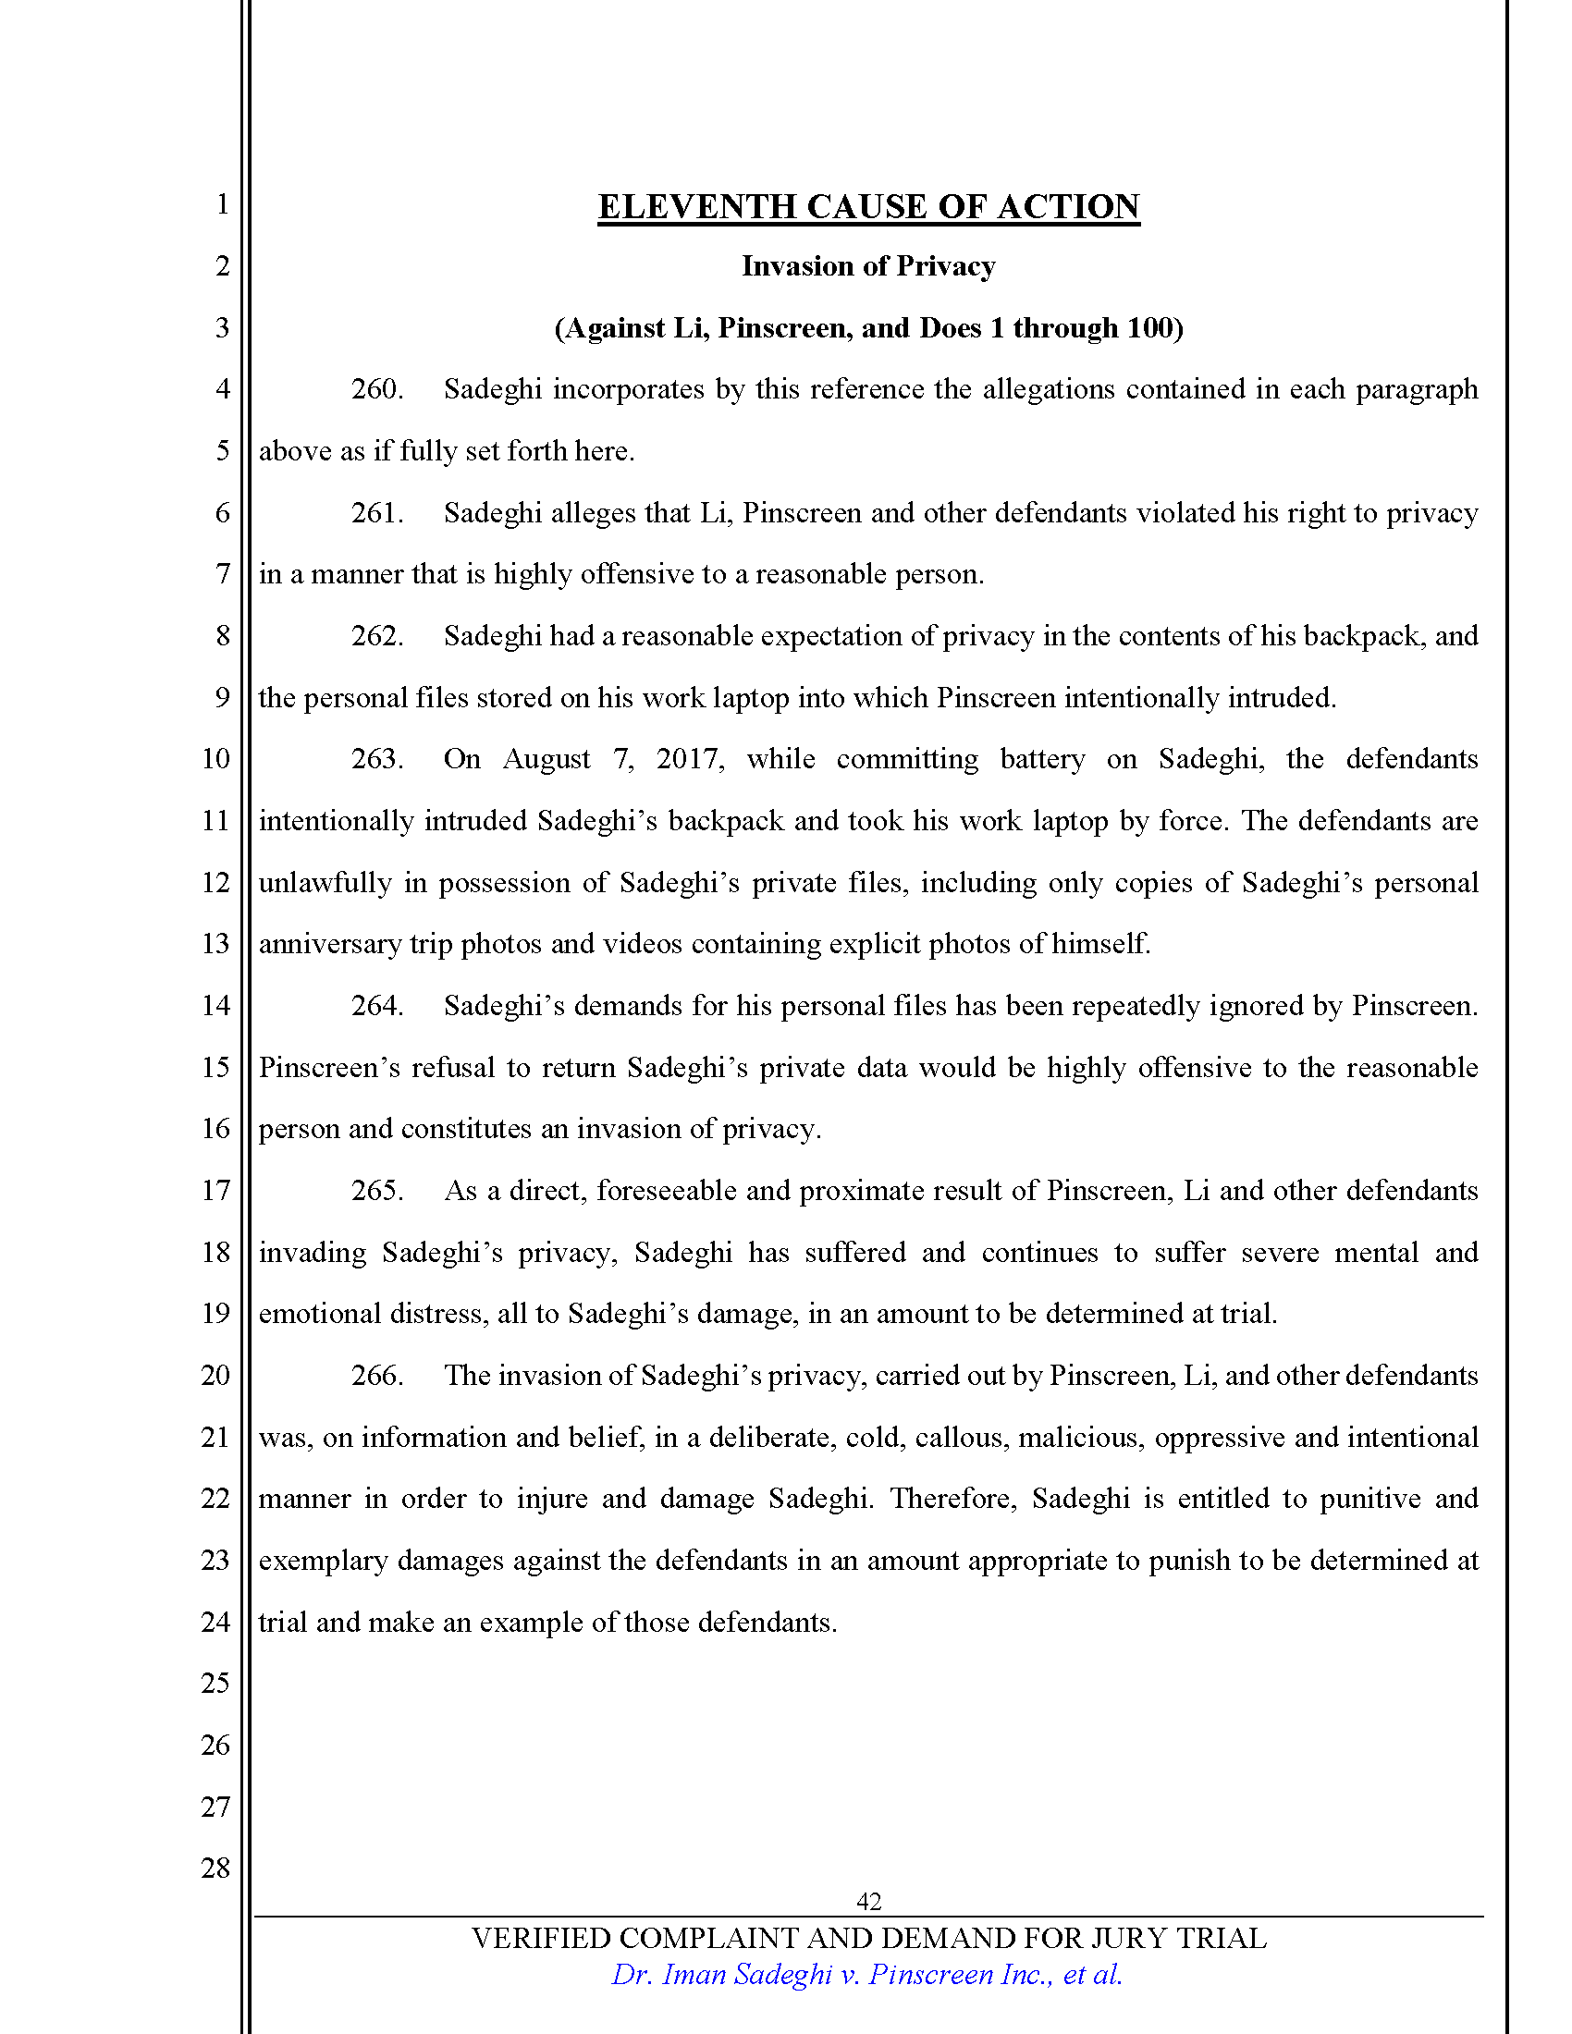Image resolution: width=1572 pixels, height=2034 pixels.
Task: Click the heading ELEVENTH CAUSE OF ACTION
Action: pos(868,207)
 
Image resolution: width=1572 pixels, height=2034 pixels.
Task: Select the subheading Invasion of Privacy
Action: pos(868,266)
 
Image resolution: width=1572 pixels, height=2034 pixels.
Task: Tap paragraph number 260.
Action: pos(376,389)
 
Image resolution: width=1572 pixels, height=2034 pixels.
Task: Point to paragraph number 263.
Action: pos(376,759)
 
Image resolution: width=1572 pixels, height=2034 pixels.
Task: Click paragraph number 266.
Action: pos(376,1376)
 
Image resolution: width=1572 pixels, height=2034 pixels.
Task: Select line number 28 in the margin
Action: pos(215,1868)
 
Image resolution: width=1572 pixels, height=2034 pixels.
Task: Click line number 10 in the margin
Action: pos(215,759)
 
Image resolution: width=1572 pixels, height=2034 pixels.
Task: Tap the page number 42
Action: pos(868,1901)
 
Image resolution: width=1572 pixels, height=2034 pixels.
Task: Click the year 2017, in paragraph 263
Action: pos(689,759)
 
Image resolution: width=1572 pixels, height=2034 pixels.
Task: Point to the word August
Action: pos(546,760)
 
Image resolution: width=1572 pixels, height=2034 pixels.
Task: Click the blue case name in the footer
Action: pos(866,1975)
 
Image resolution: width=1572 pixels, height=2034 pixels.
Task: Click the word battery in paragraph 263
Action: pos(1042,759)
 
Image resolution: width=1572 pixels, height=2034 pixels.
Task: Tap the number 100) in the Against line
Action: pos(1155,328)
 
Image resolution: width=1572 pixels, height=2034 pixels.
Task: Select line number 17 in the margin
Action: pos(215,1190)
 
